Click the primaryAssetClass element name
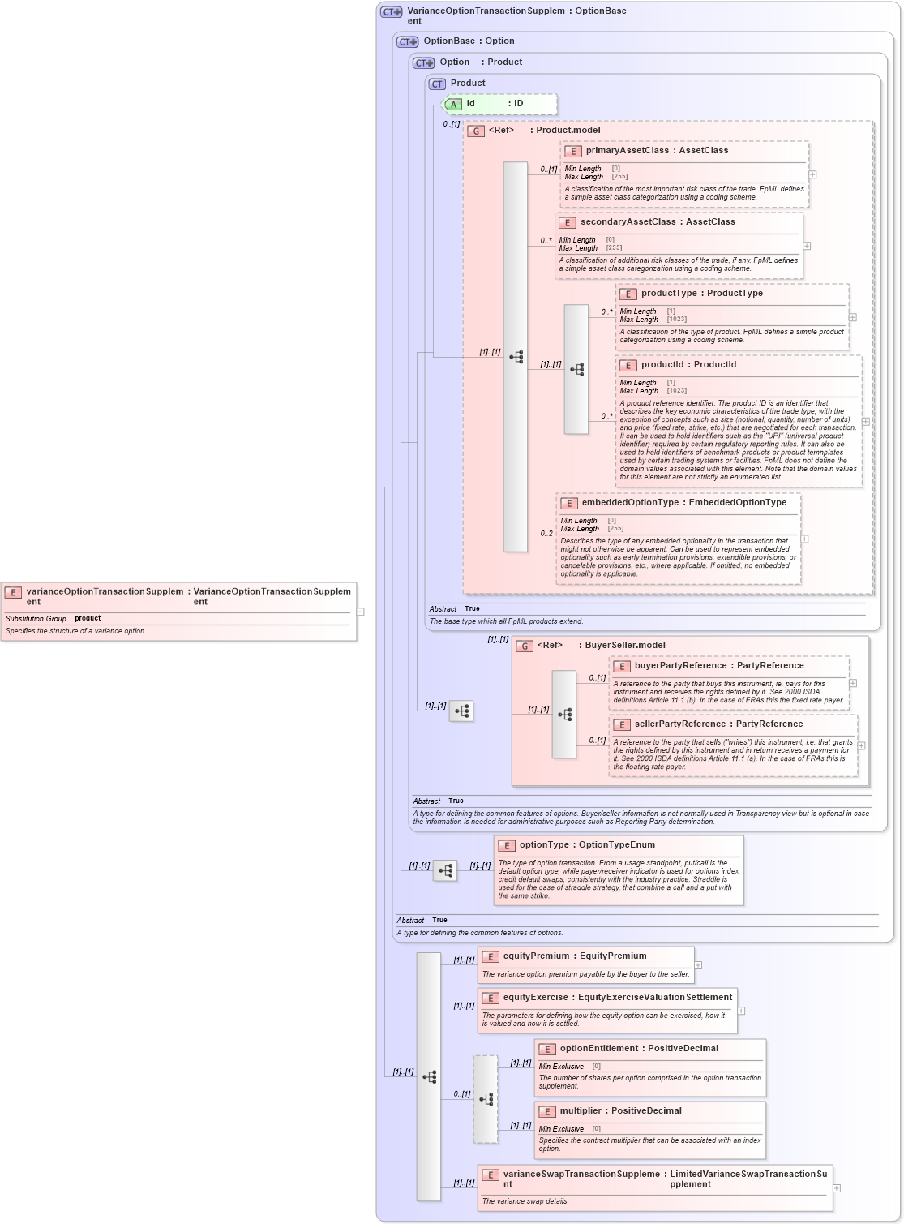(x=627, y=151)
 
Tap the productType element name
(x=669, y=294)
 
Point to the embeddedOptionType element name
(x=630, y=503)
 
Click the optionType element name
(x=545, y=845)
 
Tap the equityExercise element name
(x=535, y=998)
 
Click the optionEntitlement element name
(x=598, y=1049)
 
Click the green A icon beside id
(x=454, y=105)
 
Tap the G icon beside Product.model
(x=476, y=131)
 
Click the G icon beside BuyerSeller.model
(x=525, y=646)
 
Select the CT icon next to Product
(x=437, y=84)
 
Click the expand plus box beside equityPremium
(x=698, y=965)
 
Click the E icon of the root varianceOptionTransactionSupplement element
(x=13, y=593)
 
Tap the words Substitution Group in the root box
(x=36, y=619)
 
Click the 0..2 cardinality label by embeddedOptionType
(x=546, y=534)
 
